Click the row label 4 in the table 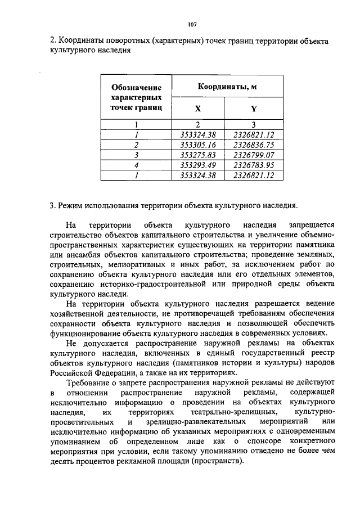(x=136, y=165)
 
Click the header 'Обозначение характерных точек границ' (x=136, y=97)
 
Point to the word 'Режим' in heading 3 (x=71, y=204)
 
